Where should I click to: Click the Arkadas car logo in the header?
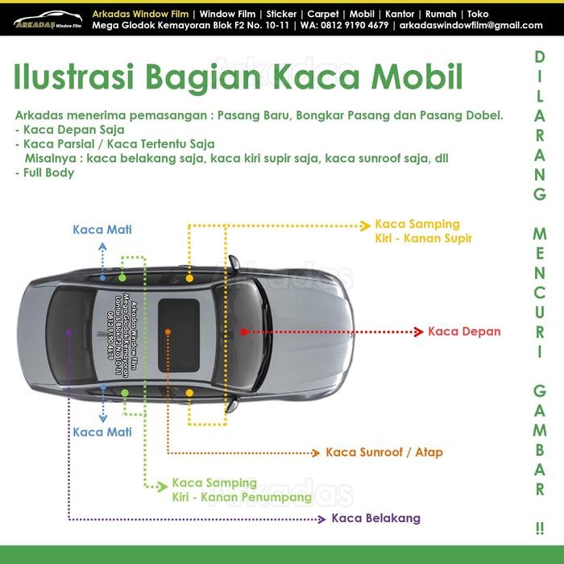(x=48, y=19)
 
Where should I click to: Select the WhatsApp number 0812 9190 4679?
(x=358, y=25)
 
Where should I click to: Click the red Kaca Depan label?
(x=464, y=331)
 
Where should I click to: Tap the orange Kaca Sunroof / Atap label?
(x=384, y=452)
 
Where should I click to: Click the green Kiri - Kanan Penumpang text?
(x=242, y=497)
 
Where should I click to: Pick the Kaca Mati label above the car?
(x=102, y=230)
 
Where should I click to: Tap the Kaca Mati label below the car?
(x=102, y=432)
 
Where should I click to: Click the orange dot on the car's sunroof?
(x=168, y=331)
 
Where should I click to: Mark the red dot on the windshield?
(x=243, y=331)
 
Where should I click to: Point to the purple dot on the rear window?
(x=69, y=331)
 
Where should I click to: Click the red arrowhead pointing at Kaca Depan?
(x=417, y=331)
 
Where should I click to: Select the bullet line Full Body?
(x=48, y=172)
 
